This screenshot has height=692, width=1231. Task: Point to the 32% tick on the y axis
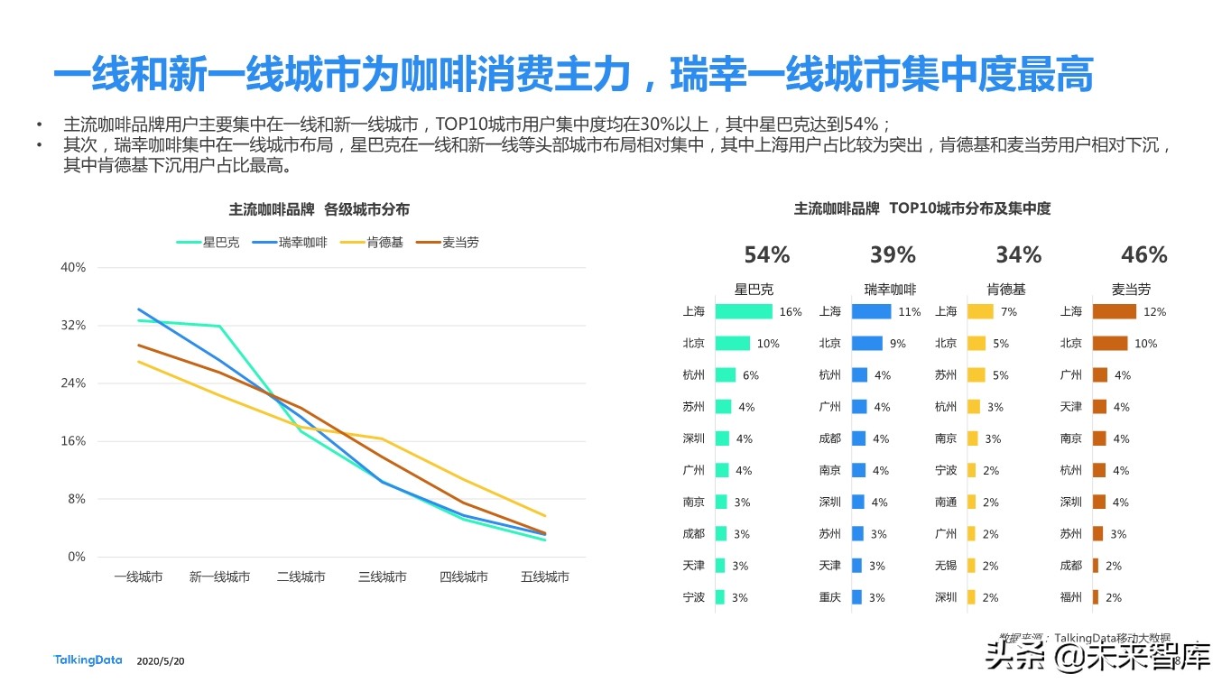click(73, 326)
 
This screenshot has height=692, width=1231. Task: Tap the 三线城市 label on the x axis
click(383, 577)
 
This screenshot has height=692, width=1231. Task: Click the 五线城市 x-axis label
click(545, 577)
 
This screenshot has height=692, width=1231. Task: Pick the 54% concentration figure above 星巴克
click(766, 255)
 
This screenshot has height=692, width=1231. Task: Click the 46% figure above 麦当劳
click(1143, 255)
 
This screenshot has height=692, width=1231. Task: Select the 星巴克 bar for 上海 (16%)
click(744, 311)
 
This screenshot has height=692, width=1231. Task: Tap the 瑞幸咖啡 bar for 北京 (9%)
click(867, 344)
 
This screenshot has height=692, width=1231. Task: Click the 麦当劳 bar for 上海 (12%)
click(1114, 311)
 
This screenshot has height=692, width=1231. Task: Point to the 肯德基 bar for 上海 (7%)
click(980, 311)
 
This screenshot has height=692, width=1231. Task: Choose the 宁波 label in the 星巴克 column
click(694, 597)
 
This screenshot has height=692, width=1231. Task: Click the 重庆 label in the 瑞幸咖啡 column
click(830, 597)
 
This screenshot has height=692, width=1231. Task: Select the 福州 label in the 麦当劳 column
click(1071, 597)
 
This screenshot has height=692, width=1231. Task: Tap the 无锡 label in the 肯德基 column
click(946, 566)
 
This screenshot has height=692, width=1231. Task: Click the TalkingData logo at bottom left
click(88, 660)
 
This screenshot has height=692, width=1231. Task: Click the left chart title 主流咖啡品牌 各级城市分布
click(319, 209)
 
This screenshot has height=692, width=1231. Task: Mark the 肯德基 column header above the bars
click(1006, 290)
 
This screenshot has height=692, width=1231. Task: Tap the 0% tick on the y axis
click(76, 558)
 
